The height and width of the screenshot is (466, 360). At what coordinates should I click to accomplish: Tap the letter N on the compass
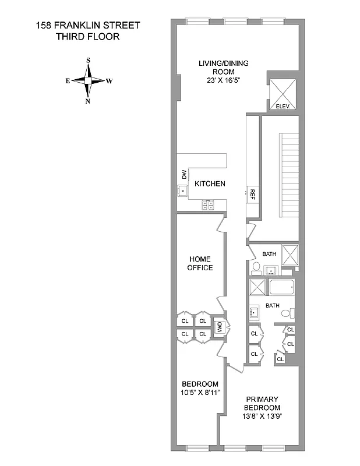pos(87,101)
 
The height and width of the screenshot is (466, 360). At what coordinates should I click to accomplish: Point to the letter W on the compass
pos(110,82)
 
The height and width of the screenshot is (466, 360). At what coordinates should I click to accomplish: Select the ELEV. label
pos(283,106)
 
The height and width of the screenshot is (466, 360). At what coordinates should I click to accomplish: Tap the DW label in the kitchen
pos(183,174)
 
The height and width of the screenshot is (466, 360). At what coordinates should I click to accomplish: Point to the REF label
pos(253,193)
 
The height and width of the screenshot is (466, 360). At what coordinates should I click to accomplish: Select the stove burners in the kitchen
pos(209,204)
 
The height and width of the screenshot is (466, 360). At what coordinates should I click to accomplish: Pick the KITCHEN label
pos(210,183)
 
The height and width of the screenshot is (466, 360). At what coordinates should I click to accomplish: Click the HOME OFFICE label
pos(200,263)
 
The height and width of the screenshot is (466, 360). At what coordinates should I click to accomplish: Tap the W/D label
pos(220,327)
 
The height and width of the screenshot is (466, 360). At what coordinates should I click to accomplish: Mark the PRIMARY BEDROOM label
pos(262,403)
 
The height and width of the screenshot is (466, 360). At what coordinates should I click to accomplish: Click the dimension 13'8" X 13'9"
pos(262,416)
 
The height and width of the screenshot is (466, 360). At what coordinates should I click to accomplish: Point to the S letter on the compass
pos(88,60)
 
